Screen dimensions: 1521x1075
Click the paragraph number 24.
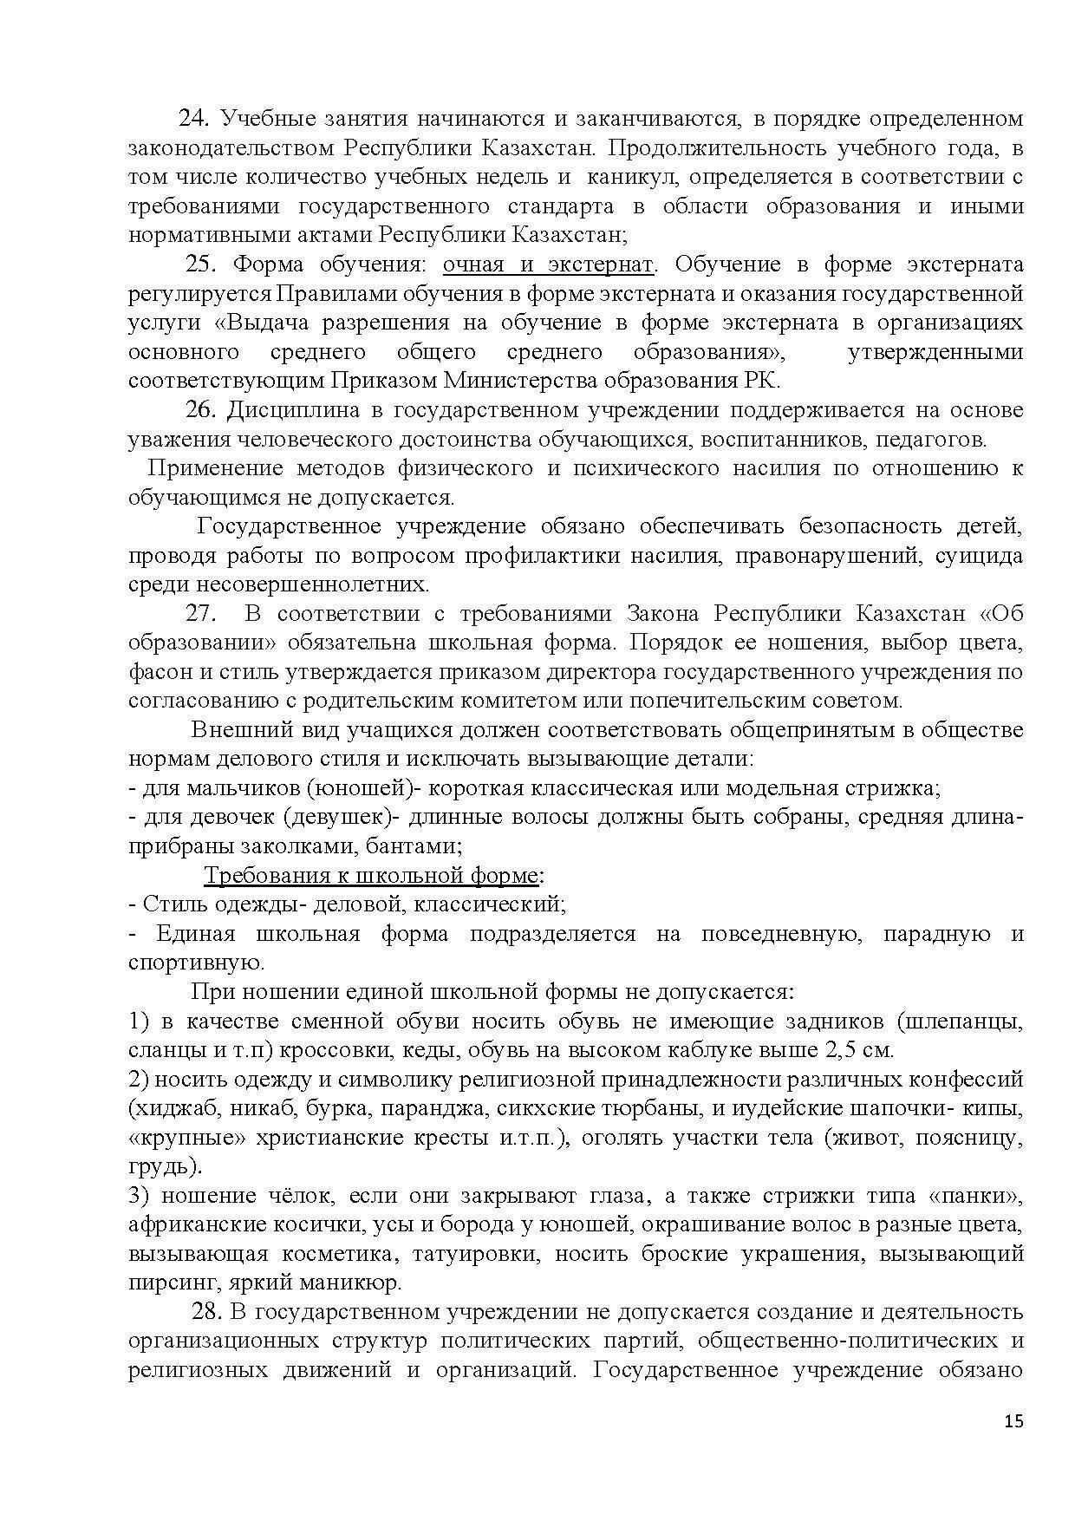193,118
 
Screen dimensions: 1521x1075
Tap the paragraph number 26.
200,409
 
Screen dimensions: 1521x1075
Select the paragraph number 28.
209,1311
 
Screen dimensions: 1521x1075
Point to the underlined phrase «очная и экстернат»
548,264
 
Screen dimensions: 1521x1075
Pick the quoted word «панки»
977,1196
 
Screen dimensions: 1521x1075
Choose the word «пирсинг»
163,1283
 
